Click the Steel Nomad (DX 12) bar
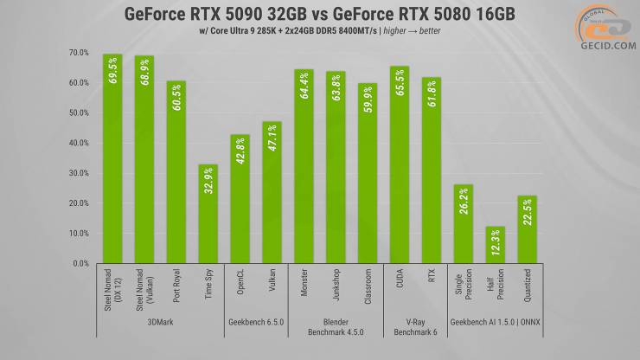pos(112,160)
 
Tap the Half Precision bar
pos(495,246)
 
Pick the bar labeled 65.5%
pos(399,164)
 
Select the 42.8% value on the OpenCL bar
pos(240,152)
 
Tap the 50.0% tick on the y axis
pos(78,113)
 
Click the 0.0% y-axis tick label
pos(80,263)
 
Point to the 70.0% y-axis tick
pos(78,53)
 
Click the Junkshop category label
pos(336,287)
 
